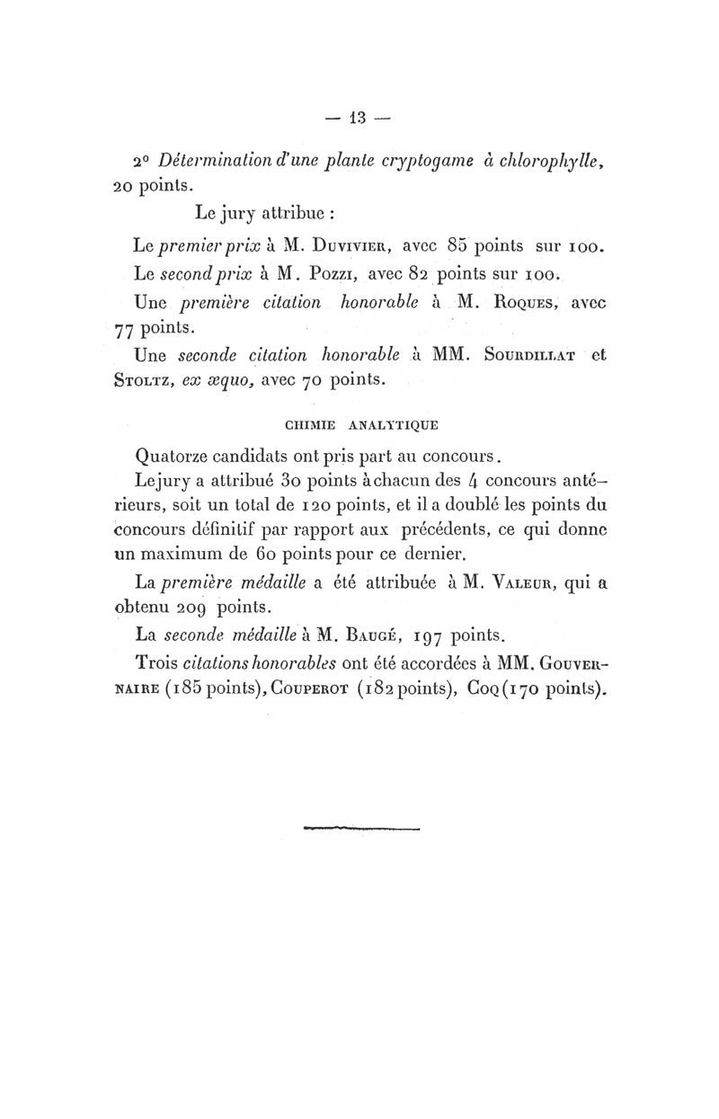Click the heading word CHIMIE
pyautogui.click(x=309, y=421)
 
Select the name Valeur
pyautogui.click(x=522, y=582)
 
